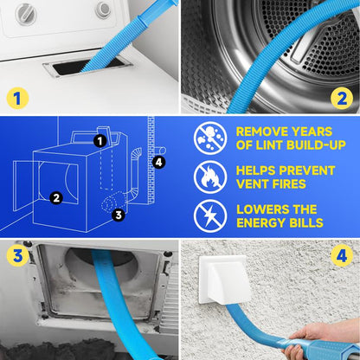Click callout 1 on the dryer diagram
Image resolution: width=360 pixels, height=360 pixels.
(100, 140)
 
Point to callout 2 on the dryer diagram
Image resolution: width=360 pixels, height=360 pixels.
(55, 197)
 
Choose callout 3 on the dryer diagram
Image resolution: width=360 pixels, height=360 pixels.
(119, 215)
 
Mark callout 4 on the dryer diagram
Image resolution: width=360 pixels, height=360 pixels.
(158, 161)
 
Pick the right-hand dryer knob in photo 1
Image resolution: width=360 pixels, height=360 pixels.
(103, 10)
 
